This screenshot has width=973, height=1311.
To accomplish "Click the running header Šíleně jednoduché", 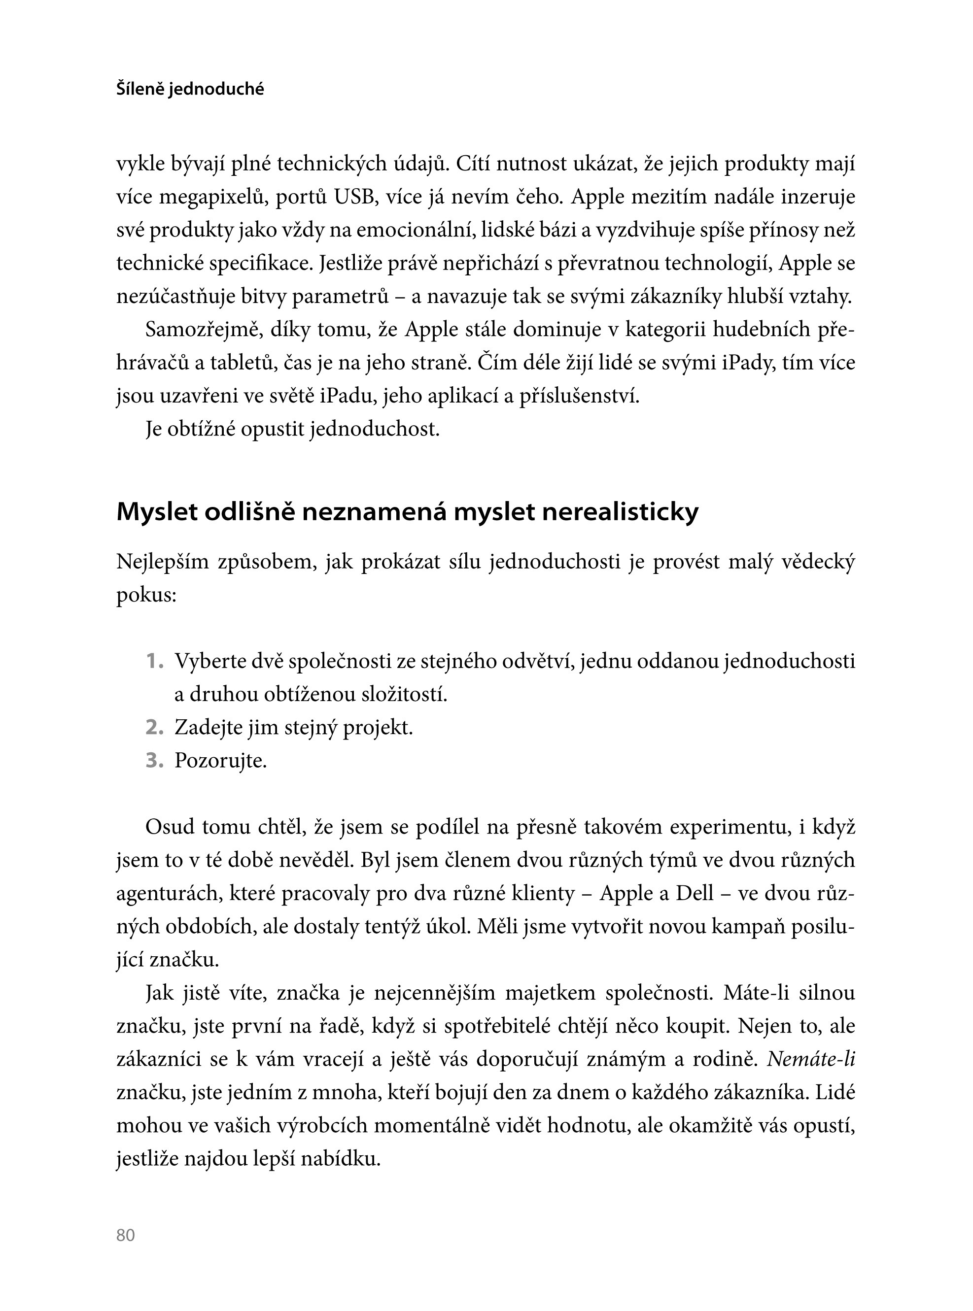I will click(x=190, y=90).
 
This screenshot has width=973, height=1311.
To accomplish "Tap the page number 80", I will click(x=126, y=1235).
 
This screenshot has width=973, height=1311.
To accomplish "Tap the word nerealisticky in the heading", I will click(x=620, y=512).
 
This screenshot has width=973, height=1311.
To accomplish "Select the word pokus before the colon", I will click(x=144, y=596).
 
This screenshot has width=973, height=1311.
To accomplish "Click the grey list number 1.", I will click(x=154, y=661).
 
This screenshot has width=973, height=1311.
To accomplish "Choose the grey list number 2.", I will click(x=154, y=728).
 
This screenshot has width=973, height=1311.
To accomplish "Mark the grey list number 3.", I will click(x=154, y=761).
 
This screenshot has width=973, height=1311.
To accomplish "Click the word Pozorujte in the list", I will click(x=220, y=761).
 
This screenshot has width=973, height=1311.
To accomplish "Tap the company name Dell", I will click(x=695, y=893).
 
